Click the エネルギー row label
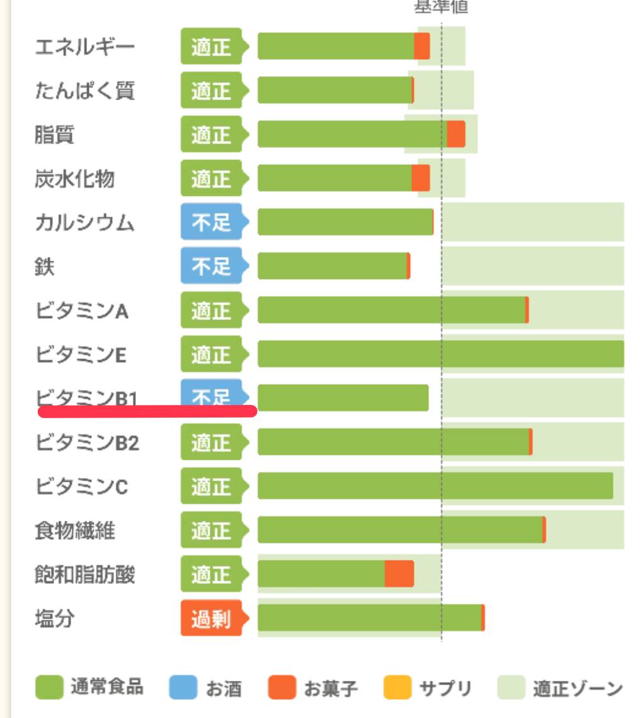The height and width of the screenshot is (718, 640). tap(84, 47)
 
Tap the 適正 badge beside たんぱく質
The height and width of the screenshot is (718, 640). tap(212, 91)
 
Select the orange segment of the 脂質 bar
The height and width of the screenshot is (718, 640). tap(456, 134)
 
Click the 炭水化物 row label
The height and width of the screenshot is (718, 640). tap(74, 179)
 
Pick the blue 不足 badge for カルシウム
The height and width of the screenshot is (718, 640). tap(212, 222)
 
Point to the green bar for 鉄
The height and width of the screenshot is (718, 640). tap(332, 266)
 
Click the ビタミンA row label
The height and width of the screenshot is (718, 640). tap(81, 311)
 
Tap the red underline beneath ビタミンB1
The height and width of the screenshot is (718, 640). tap(147, 411)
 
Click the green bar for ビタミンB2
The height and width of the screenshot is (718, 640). tap(393, 442)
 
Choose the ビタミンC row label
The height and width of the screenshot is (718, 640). tap(81, 487)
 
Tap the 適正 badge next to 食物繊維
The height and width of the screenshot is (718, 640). tap(212, 531)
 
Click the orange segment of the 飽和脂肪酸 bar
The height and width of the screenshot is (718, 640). tap(399, 574)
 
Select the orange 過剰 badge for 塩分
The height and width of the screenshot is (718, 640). tap(212, 618)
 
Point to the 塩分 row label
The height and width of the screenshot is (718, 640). tap(54, 618)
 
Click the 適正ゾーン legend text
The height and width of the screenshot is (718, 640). tap(578, 688)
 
